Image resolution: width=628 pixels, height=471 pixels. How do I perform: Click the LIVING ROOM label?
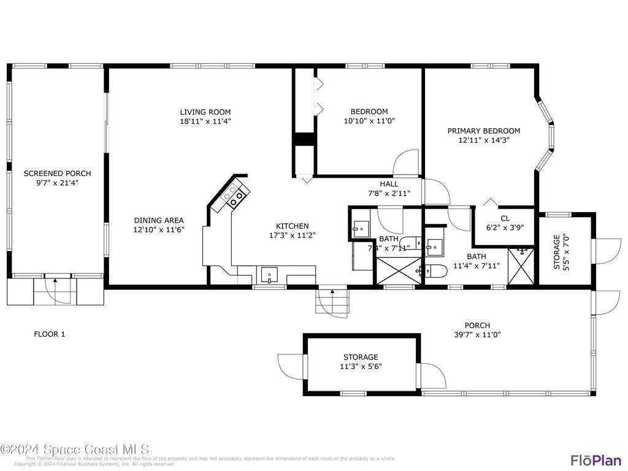tap(205, 112)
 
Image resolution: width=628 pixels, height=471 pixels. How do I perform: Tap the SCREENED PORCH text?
tap(57, 174)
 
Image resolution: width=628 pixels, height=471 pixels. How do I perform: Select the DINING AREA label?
tap(159, 220)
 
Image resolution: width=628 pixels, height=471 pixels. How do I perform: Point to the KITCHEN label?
tap(292, 226)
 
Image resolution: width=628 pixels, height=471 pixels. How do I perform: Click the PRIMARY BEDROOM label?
tap(483, 131)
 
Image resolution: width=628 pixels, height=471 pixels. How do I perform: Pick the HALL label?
tap(389, 184)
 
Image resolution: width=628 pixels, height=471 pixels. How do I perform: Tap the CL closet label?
tap(505, 218)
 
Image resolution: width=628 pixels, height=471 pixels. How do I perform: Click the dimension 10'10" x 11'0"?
tap(369, 121)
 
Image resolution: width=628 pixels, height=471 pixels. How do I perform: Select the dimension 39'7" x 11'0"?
tap(477, 335)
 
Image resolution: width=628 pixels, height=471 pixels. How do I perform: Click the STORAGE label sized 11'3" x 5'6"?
tap(361, 357)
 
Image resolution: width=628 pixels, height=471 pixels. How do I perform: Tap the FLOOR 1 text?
tap(49, 334)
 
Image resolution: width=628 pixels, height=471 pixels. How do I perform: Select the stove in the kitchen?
tap(235, 194)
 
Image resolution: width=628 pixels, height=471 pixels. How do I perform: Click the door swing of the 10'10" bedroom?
tap(406, 163)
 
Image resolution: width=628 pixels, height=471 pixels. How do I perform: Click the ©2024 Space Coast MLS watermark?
tap(75, 450)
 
